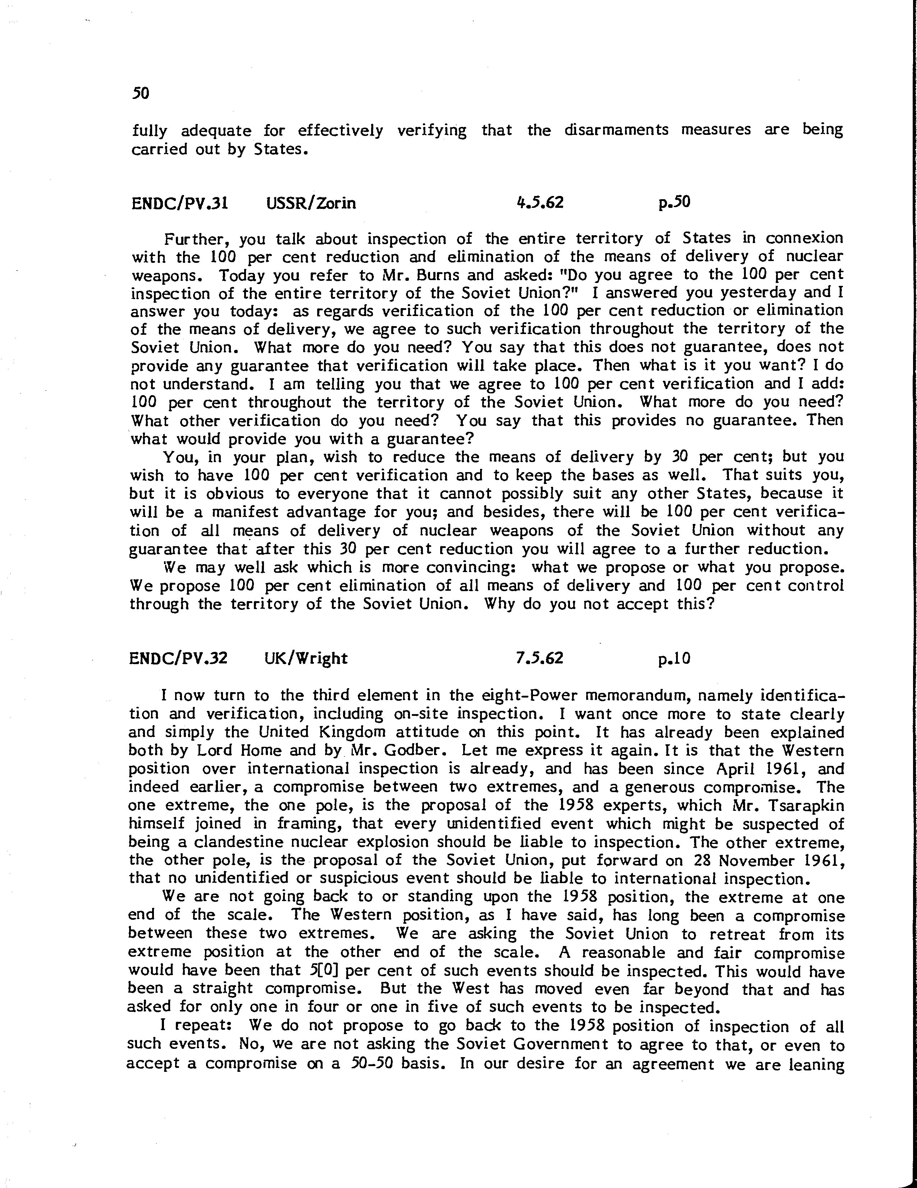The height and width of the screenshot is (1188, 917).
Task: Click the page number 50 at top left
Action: (x=140, y=93)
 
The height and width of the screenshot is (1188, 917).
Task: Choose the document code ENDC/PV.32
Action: (x=178, y=658)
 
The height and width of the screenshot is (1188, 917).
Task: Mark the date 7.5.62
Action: (x=539, y=658)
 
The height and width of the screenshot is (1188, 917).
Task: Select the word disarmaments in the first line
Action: (x=616, y=130)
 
